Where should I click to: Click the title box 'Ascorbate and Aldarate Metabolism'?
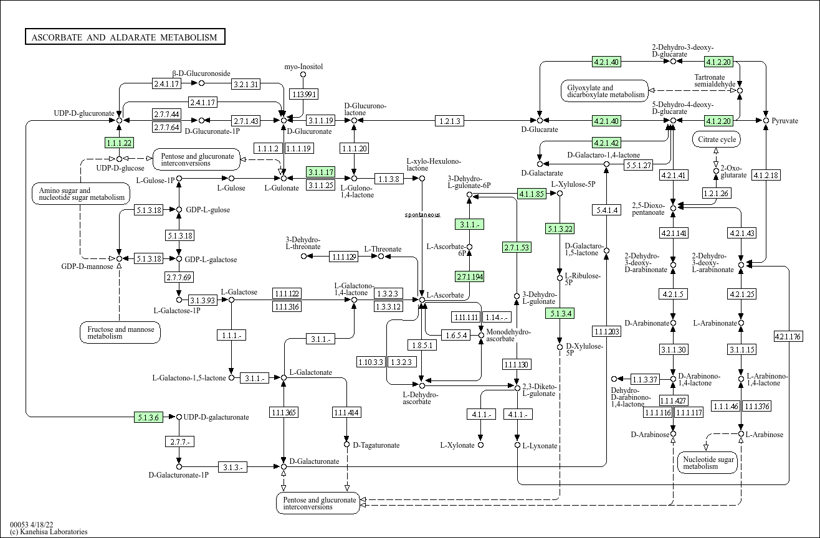click(x=125, y=37)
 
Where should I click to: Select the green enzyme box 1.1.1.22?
click(x=119, y=143)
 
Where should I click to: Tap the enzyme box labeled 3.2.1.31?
click(x=246, y=83)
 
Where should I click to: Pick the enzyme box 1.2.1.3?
click(x=449, y=121)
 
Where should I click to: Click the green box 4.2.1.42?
click(x=606, y=143)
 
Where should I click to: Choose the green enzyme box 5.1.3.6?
click(x=149, y=417)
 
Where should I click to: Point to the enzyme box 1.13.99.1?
click(x=303, y=94)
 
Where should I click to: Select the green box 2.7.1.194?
click(x=470, y=276)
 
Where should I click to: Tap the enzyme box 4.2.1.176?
click(x=788, y=336)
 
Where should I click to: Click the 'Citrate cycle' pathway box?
click(x=717, y=139)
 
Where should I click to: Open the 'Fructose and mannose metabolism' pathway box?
click(x=120, y=333)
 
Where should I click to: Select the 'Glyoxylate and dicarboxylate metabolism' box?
click(x=604, y=91)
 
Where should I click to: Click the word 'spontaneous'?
click(x=422, y=215)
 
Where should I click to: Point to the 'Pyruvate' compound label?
click(x=784, y=121)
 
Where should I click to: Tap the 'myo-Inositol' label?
click(x=303, y=67)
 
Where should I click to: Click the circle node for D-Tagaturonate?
click(x=346, y=445)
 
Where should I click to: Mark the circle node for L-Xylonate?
click(x=480, y=445)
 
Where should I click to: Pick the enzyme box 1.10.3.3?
click(x=370, y=362)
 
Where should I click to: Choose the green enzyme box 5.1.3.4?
click(x=559, y=313)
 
